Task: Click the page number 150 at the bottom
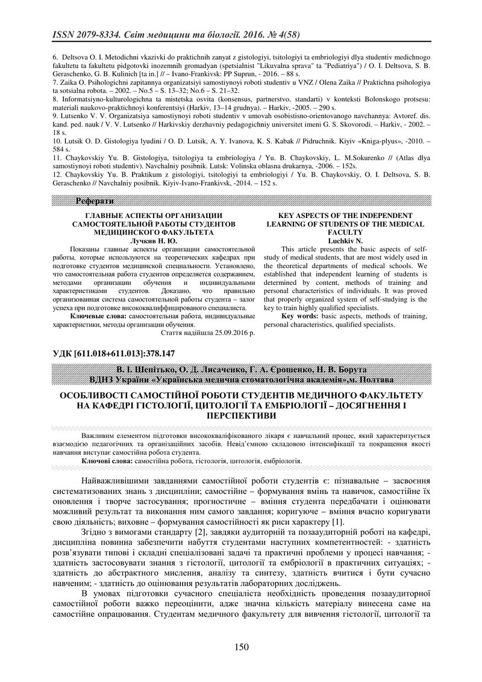click(x=241, y=647)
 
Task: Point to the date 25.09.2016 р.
click(x=227, y=331)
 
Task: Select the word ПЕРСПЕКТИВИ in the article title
click(x=240, y=416)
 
